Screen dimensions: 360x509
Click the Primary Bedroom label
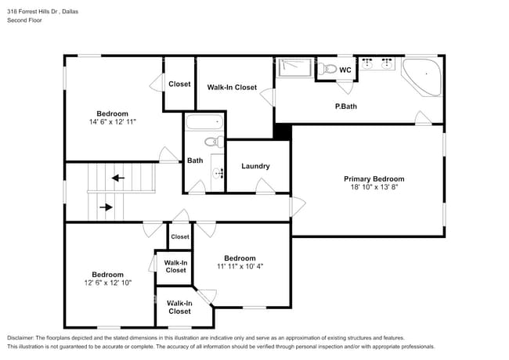click(x=374, y=179)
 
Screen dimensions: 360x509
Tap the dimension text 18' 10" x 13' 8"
click(x=374, y=188)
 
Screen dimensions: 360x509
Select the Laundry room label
click(x=255, y=166)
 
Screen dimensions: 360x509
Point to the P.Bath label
click(x=346, y=106)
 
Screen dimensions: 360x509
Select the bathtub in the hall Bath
click(x=204, y=123)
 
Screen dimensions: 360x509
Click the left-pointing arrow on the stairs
click(x=117, y=178)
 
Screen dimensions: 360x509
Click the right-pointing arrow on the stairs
click(x=106, y=207)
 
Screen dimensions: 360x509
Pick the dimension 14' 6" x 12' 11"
click(x=112, y=122)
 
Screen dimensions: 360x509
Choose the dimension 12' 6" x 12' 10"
click(x=107, y=283)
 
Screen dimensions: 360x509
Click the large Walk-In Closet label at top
click(x=232, y=88)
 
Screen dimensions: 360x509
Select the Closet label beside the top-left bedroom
click(x=179, y=84)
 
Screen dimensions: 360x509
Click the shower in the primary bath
click(x=295, y=68)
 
